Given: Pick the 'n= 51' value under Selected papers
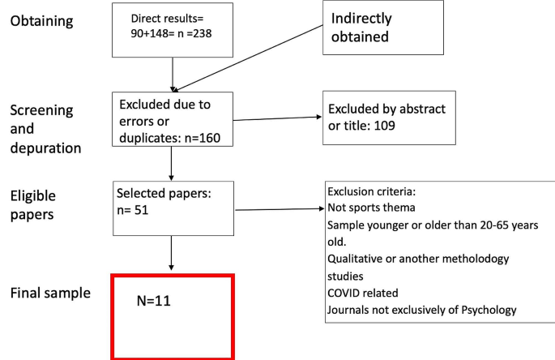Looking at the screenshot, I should coord(133,209).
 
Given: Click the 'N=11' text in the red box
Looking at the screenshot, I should coord(153,302).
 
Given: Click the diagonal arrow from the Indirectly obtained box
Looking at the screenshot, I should coord(251,56).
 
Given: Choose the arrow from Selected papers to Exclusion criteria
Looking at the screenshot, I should coord(280,209).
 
